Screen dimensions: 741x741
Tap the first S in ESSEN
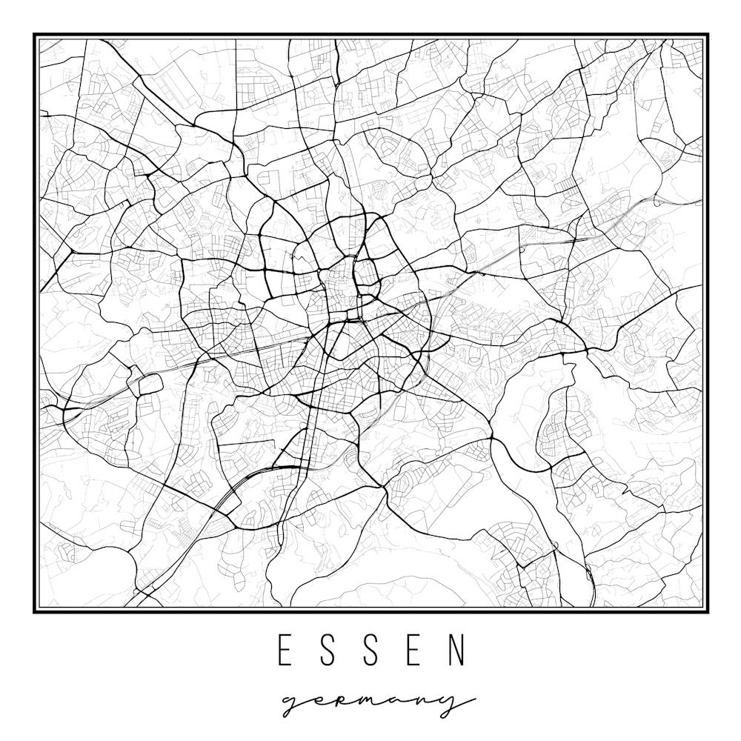pos(329,650)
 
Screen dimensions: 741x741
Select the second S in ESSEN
pos(373,650)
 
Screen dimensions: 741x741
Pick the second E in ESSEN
pos(416,650)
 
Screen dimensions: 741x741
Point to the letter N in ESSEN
pos(459,650)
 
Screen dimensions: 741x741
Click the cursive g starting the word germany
pos(294,704)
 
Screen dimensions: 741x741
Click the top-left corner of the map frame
pos(34,34)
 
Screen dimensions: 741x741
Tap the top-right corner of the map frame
pos(708,34)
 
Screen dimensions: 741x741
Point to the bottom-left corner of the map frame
pos(34,612)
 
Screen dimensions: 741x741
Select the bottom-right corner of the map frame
pos(708,612)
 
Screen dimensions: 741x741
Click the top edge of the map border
pos(370,34)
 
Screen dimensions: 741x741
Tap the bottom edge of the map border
pos(370,612)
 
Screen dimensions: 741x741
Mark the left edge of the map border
pos(34,323)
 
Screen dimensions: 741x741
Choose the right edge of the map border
pos(708,323)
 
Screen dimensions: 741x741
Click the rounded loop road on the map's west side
pos(146,384)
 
